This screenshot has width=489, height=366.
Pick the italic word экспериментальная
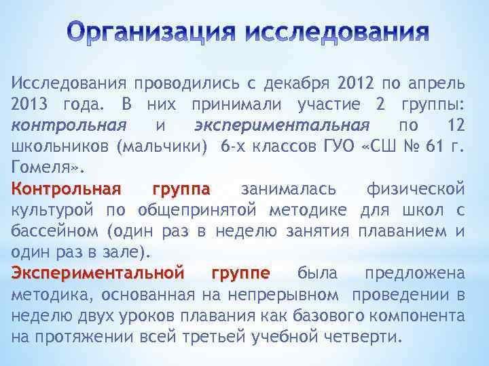click(281, 125)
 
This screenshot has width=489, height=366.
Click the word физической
click(415, 188)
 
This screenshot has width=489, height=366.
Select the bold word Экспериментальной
click(97, 273)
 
